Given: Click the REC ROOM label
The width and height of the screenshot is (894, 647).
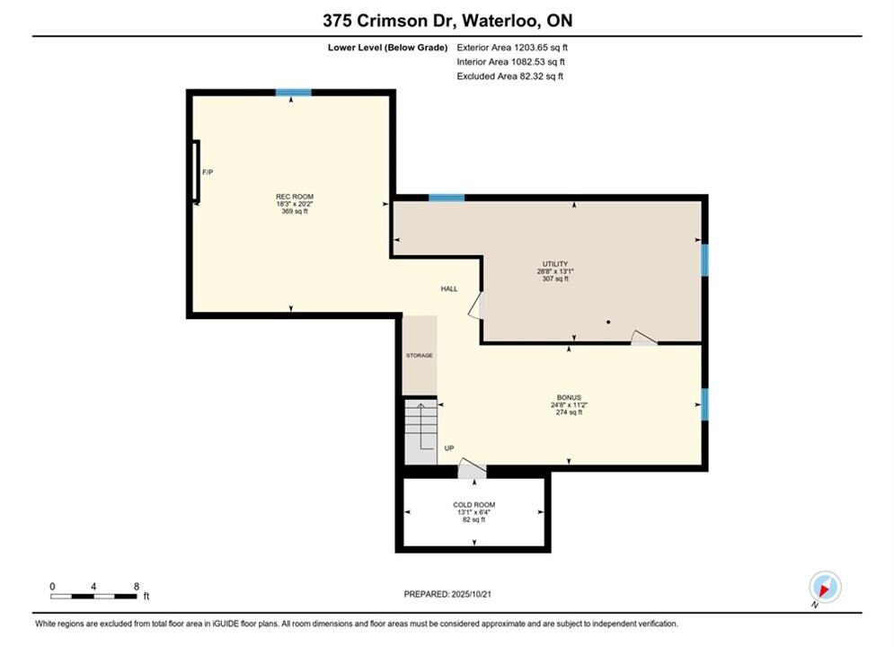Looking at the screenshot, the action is tap(295, 197).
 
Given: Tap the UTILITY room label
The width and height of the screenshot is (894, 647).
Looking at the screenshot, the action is tap(555, 264).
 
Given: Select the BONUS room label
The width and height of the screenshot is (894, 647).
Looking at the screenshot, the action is tap(569, 397).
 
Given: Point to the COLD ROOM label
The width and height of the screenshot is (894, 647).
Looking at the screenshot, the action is tap(474, 504).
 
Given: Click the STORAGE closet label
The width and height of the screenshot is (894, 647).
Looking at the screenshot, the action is tap(420, 355).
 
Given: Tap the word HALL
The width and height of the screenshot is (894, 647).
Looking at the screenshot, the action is tap(449, 289).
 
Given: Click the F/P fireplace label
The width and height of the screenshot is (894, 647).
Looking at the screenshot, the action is tap(208, 172).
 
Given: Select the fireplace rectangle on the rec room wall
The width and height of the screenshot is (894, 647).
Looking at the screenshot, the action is tap(196, 171).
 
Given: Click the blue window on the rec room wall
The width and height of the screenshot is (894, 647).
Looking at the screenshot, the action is tap(294, 93).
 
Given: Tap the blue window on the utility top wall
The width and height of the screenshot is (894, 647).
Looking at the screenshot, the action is tap(447, 198).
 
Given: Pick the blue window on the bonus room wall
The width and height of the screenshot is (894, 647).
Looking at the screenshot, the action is tap(704, 404).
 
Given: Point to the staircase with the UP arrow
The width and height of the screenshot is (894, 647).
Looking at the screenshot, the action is tap(420, 431).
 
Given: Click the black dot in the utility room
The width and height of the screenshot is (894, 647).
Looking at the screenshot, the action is tap(608, 322).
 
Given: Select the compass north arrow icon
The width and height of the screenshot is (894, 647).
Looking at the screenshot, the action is tap(825, 587).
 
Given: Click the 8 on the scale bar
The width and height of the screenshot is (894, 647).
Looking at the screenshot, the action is tap(137, 586).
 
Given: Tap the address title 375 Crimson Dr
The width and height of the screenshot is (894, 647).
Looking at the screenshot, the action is tap(376, 21).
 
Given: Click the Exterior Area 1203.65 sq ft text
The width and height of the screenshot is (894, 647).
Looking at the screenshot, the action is tap(512, 48).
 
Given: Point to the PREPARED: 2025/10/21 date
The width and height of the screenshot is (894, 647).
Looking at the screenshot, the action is tap(447, 594).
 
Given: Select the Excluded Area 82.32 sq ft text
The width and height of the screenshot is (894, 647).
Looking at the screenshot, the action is tap(509, 76).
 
